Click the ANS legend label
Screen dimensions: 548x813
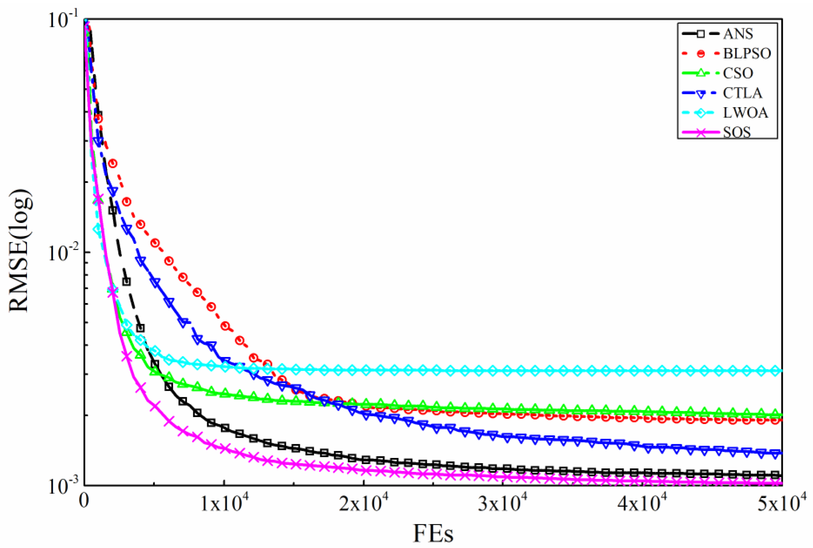[738, 34]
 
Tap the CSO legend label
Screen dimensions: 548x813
[738, 73]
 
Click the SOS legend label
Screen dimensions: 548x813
[737, 132]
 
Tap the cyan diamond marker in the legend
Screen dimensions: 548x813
[701, 113]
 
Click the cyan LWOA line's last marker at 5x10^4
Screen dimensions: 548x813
[776, 371]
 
